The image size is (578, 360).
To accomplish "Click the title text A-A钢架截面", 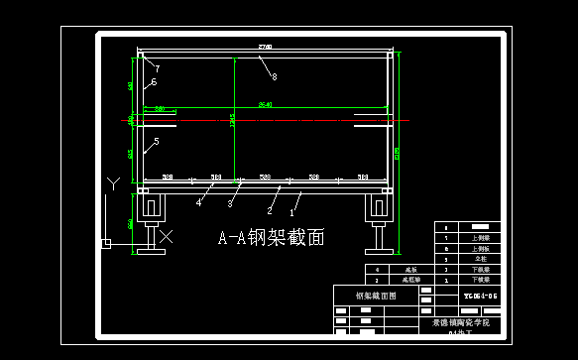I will tap(271, 237).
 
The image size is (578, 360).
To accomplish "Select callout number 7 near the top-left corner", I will tap(157, 68).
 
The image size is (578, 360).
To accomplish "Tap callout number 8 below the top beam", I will tap(274, 76).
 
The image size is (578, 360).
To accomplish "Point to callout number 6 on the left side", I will tap(154, 82).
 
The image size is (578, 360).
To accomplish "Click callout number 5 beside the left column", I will tap(156, 143).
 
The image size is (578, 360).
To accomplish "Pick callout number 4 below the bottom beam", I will tap(198, 202).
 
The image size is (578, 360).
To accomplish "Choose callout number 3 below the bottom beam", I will tap(230, 203).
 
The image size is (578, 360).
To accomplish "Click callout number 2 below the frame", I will tap(270, 210).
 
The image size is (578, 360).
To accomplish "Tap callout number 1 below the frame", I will tap(291, 211).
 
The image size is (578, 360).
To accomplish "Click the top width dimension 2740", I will tap(265, 47).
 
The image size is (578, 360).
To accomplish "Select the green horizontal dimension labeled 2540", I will tap(265, 104).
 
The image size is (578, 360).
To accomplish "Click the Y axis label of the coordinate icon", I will tap(114, 183).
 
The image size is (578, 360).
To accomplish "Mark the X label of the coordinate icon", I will tap(167, 236).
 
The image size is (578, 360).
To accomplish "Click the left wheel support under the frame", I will tap(151, 220).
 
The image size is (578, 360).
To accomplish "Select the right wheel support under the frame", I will tap(378, 220).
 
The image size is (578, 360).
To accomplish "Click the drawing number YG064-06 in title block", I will tap(481, 296).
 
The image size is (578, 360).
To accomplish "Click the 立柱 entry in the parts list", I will tap(481, 259).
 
